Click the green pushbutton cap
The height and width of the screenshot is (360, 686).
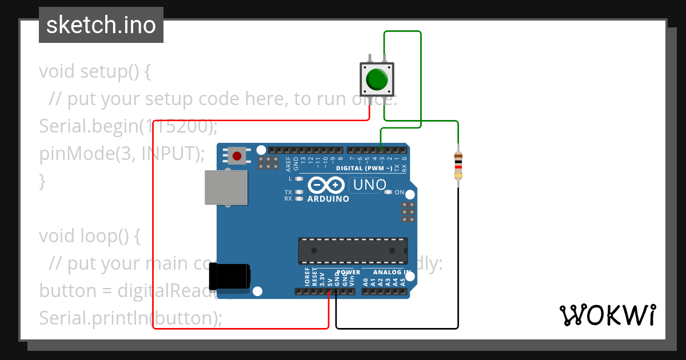point(377,79)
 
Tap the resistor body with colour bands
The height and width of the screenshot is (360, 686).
point(458,166)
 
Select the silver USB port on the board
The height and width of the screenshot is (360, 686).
point(226,187)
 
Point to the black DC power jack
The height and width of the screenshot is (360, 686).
point(229,277)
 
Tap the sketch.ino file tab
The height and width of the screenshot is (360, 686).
point(101,25)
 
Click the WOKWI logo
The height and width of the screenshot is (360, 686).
point(608,315)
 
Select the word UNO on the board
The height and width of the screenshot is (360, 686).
point(369,185)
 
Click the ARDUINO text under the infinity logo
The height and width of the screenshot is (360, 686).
point(328,199)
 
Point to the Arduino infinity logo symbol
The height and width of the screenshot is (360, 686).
point(326,185)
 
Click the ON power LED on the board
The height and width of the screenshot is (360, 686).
point(389,192)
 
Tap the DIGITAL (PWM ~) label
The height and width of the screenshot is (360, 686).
point(364,169)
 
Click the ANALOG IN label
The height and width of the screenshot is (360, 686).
point(392,273)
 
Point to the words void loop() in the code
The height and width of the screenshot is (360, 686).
point(89,235)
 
